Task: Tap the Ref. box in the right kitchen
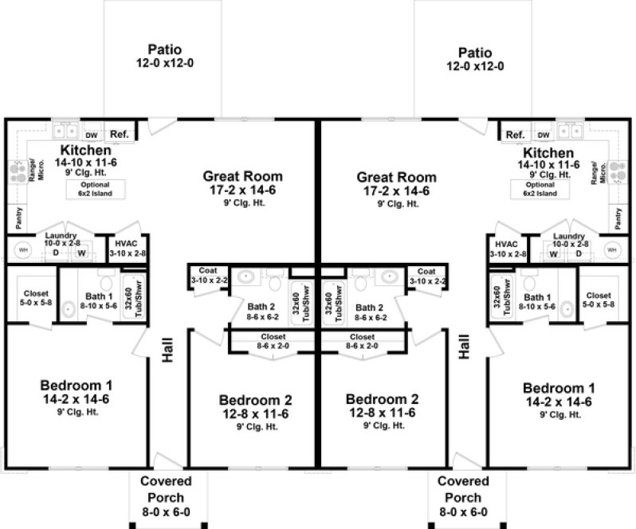[x=515, y=135]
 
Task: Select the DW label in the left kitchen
[x=91, y=135]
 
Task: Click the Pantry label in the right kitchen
[x=618, y=214]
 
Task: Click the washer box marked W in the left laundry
[x=81, y=254]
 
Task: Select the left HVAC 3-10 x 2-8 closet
[x=132, y=248]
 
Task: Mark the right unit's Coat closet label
[x=426, y=276]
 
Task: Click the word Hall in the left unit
[x=168, y=347]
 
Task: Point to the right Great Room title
[x=396, y=177]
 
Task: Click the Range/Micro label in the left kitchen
[x=32, y=170]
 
